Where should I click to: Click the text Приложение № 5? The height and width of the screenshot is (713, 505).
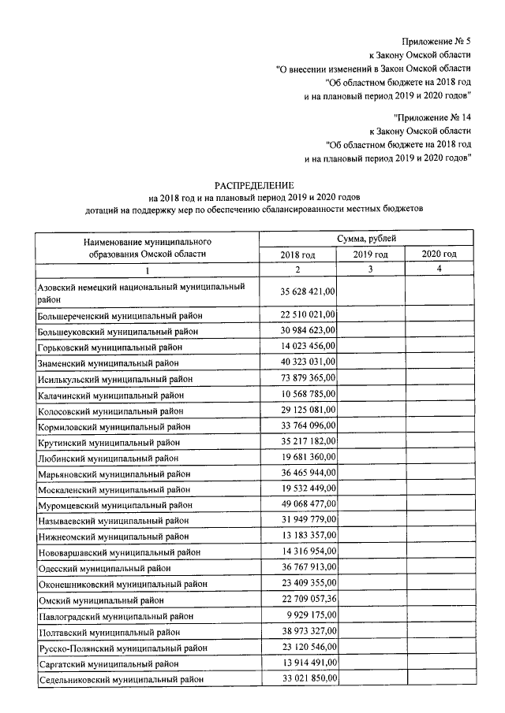pos(436,40)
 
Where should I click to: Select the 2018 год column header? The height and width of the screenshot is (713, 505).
pos(297,254)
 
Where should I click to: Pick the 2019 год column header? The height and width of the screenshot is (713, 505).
pos(370,254)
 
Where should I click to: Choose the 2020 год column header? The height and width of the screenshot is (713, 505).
pos(439,254)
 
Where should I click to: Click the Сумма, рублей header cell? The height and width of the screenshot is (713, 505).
pos(365,237)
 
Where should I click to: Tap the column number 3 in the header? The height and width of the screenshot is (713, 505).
pos(370,269)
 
